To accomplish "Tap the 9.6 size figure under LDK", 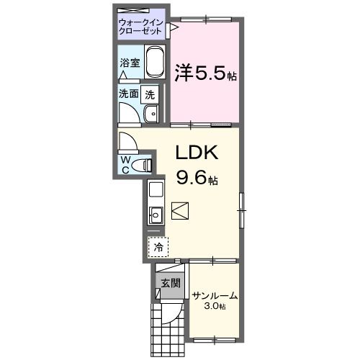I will [x=194, y=176].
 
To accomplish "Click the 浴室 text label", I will [x=129, y=63].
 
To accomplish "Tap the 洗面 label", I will [x=129, y=94].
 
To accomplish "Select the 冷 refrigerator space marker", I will [x=158, y=246].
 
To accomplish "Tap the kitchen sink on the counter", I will [x=156, y=214].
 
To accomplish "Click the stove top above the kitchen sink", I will [x=156, y=190].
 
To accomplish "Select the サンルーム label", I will [x=215, y=296].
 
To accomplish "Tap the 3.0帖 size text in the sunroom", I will [x=215, y=307].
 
